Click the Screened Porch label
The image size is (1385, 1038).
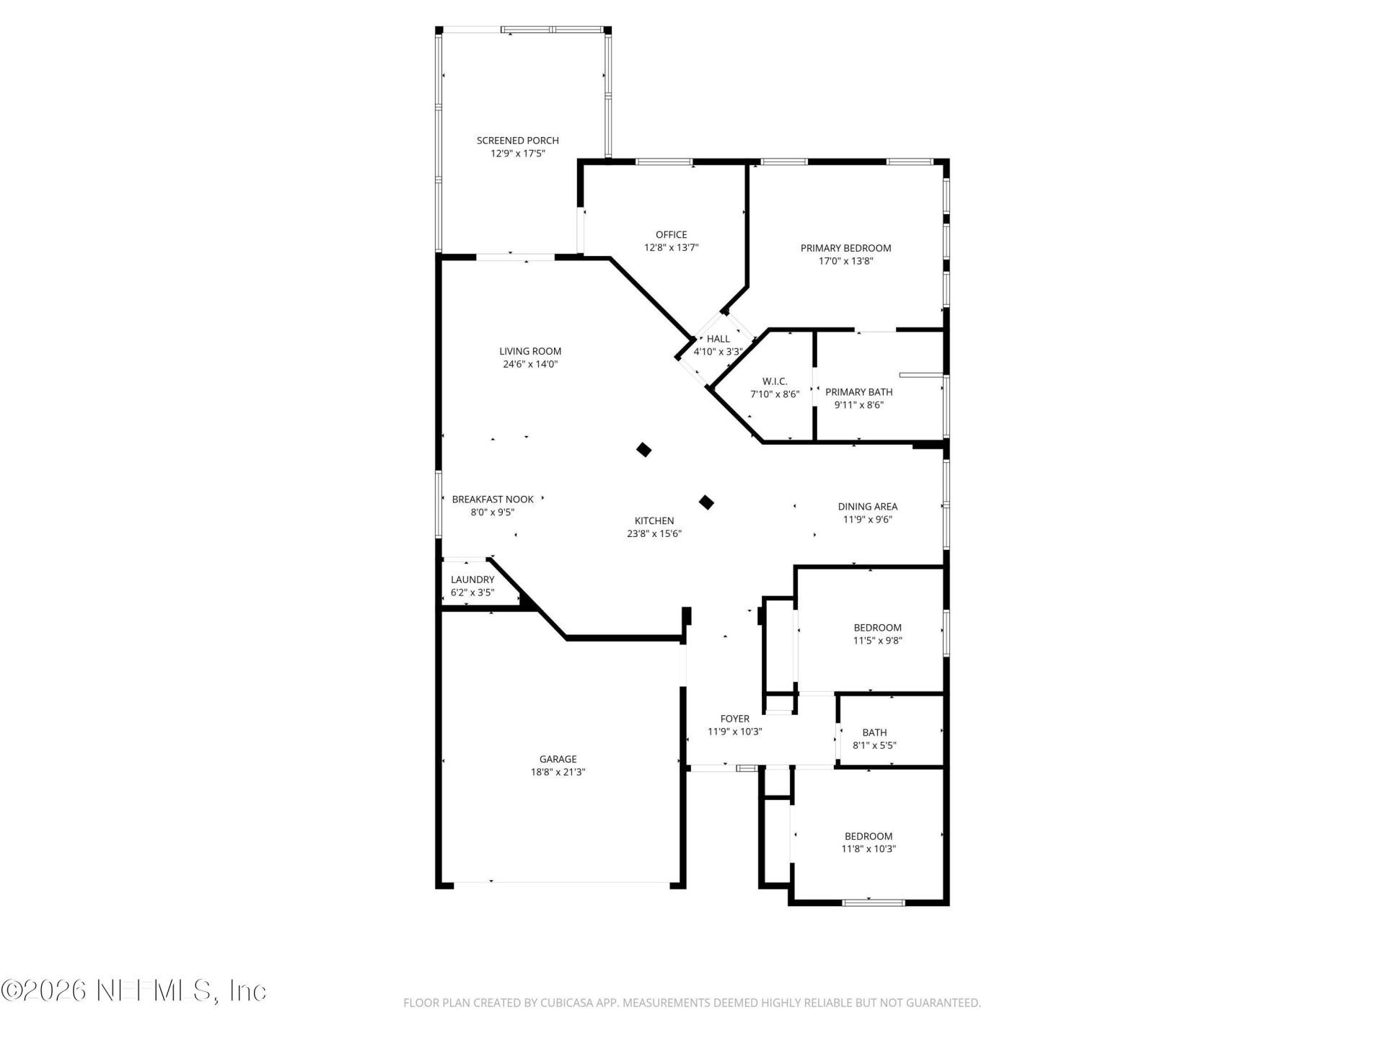(x=517, y=141)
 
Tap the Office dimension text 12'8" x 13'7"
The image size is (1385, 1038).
(x=671, y=248)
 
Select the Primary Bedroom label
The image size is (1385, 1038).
(x=845, y=248)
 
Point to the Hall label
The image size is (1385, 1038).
(x=718, y=339)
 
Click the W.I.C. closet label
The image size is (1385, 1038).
(x=775, y=381)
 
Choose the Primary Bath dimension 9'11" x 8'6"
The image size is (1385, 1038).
(x=858, y=405)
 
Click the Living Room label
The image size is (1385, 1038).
(x=530, y=351)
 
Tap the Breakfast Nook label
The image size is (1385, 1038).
(x=493, y=499)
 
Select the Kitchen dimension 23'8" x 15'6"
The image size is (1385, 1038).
(x=654, y=534)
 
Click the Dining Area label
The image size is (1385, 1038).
(x=867, y=507)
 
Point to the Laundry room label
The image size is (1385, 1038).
(x=472, y=580)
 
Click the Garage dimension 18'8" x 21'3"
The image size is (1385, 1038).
(x=558, y=772)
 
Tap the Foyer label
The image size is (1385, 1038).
(x=734, y=719)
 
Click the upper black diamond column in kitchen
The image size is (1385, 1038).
(x=644, y=450)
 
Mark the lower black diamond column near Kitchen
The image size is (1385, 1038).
(x=707, y=502)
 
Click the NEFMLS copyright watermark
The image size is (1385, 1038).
(x=133, y=991)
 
